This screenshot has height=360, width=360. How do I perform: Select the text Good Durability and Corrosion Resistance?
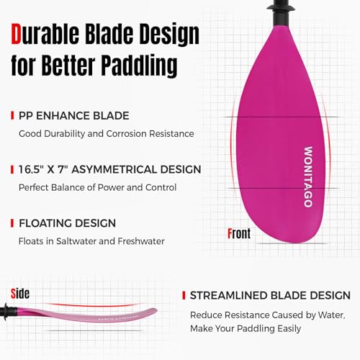point(105,133)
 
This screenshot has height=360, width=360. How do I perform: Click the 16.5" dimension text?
point(35,169)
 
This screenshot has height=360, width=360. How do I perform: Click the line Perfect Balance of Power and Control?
point(97,187)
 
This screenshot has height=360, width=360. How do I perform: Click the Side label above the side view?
point(21,293)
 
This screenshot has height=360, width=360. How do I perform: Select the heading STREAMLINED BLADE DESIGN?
point(270,296)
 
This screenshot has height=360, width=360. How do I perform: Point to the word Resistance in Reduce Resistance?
point(256,315)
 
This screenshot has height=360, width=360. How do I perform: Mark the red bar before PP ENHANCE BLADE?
point(12,115)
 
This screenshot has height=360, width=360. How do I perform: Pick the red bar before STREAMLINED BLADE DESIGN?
point(184,296)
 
